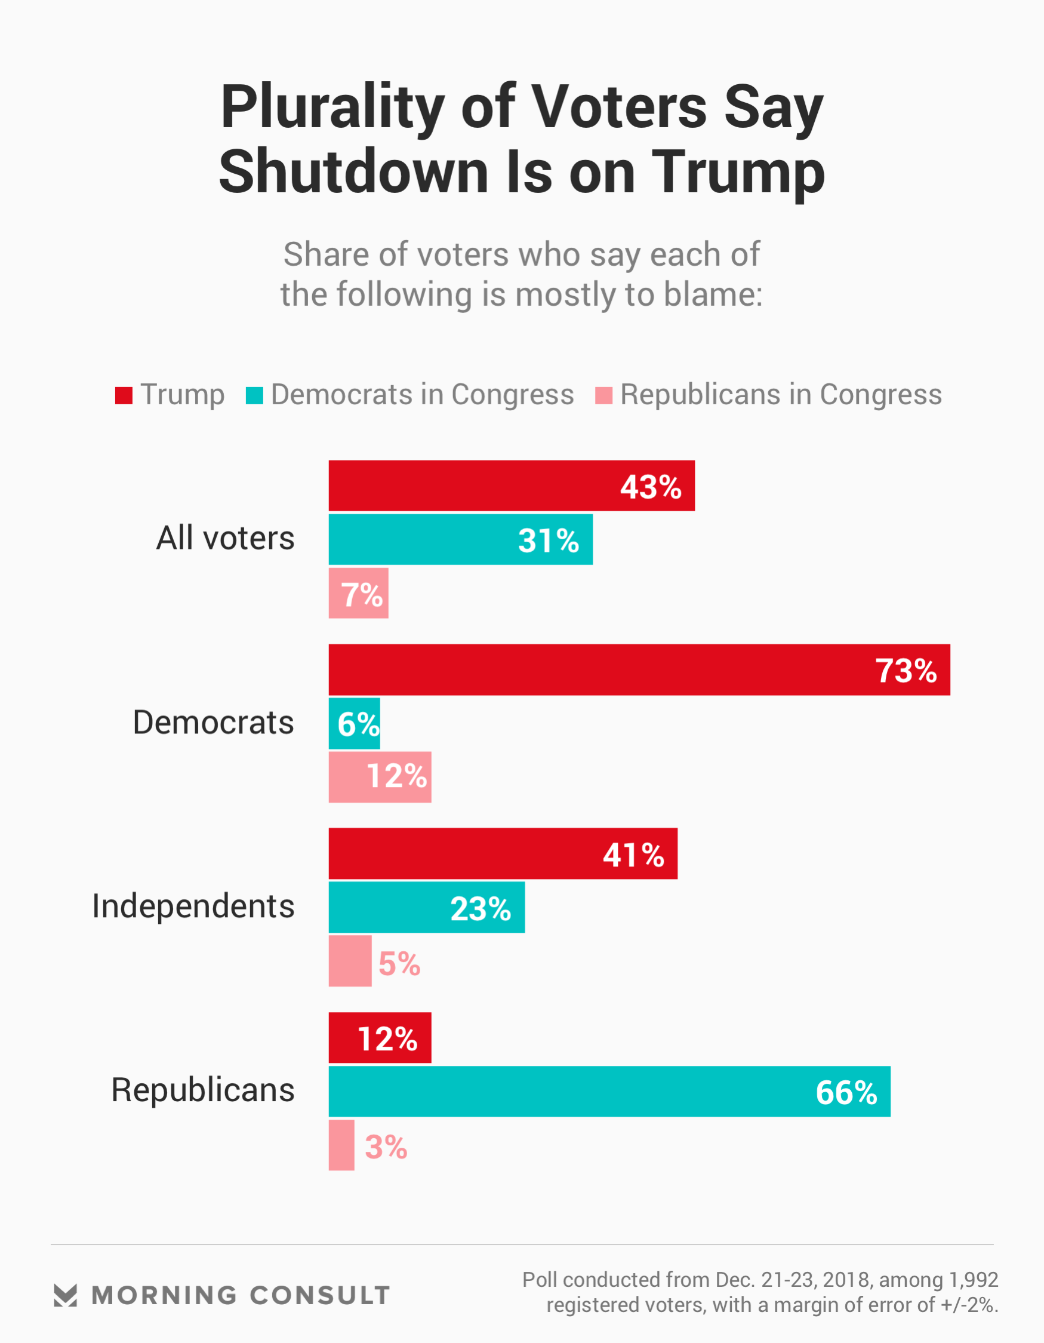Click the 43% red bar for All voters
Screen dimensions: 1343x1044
[511, 486]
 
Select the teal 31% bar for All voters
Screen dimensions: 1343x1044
[460, 539]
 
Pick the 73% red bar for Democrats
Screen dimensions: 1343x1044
[639, 669]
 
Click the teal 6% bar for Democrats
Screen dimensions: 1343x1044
[354, 723]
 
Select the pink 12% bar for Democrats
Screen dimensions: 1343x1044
[380, 777]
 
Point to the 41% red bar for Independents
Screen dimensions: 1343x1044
[503, 853]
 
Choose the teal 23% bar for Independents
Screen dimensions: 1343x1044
[426, 907]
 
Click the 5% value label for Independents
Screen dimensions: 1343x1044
[399, 964]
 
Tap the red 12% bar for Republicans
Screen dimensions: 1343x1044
[380, 1037]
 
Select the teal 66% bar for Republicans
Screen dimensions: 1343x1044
[609, 1092]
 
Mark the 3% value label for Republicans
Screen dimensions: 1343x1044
[386, 1147]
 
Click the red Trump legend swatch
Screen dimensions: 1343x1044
[124, 395]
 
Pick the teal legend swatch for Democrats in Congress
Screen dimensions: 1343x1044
[254, 395]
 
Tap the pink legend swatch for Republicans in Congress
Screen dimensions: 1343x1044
[603, 395]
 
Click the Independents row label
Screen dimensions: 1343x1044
[193, 906]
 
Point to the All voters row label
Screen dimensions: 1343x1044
[225, 538]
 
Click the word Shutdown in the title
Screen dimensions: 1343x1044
[353, 172]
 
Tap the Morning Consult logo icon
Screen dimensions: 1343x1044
[65, 1295]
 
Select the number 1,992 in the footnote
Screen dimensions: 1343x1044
[974, 1280]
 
